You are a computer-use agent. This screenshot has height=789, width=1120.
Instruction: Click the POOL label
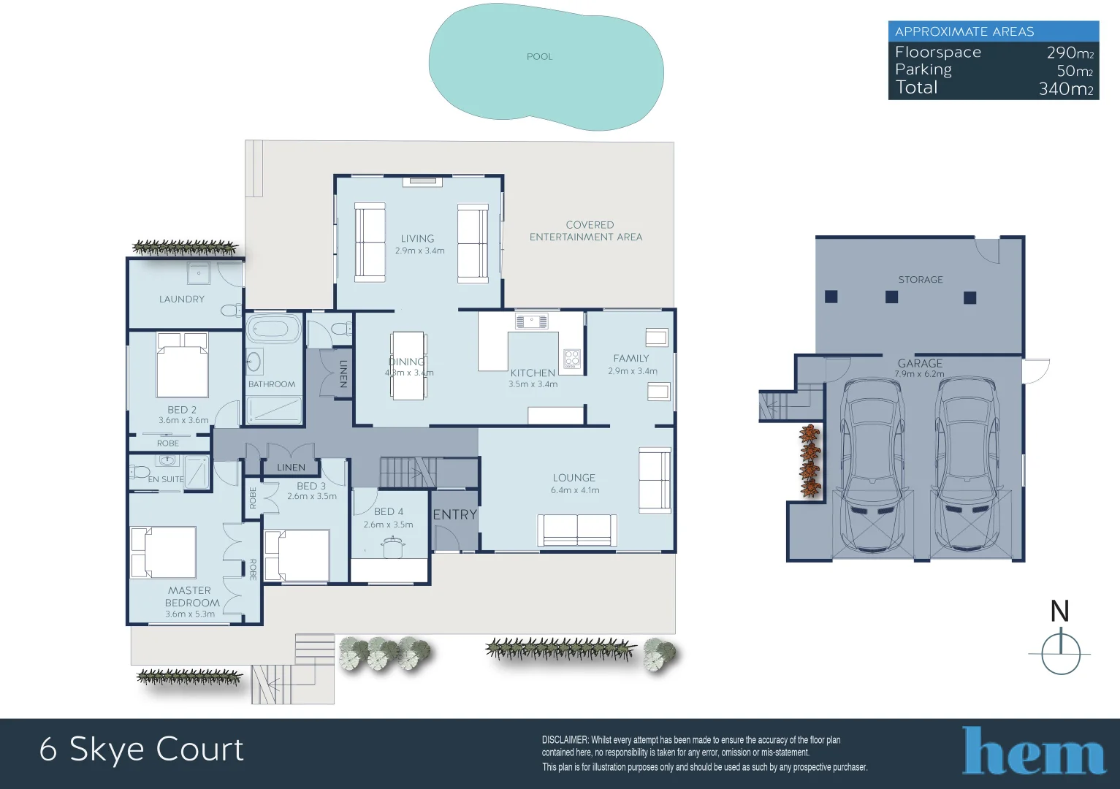coord(539,57)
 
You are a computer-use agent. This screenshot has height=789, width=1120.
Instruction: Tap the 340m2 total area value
coord(1065,89)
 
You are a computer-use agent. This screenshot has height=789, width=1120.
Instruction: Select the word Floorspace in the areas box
coord(937,53)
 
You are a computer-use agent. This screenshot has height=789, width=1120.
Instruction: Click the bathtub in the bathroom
coord(274,329)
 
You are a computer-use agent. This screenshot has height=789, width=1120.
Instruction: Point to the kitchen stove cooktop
coord(571,359)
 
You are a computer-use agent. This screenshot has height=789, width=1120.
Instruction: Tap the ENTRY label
coord(454,515)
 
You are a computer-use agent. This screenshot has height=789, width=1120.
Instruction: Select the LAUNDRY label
coord(182,300)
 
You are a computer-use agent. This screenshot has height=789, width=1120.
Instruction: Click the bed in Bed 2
coord(183,365)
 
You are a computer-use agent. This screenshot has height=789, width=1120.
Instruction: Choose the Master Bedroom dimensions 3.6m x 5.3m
coord(190,614)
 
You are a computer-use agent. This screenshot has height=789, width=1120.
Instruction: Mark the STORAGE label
coord(920,280)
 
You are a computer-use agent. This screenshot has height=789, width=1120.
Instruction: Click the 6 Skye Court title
coord(142,750)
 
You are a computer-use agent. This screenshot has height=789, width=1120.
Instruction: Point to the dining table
coord(409,365)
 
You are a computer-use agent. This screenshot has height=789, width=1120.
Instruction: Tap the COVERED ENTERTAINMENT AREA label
coord(586,231)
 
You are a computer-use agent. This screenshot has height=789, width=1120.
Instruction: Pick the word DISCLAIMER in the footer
coord(565,740)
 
